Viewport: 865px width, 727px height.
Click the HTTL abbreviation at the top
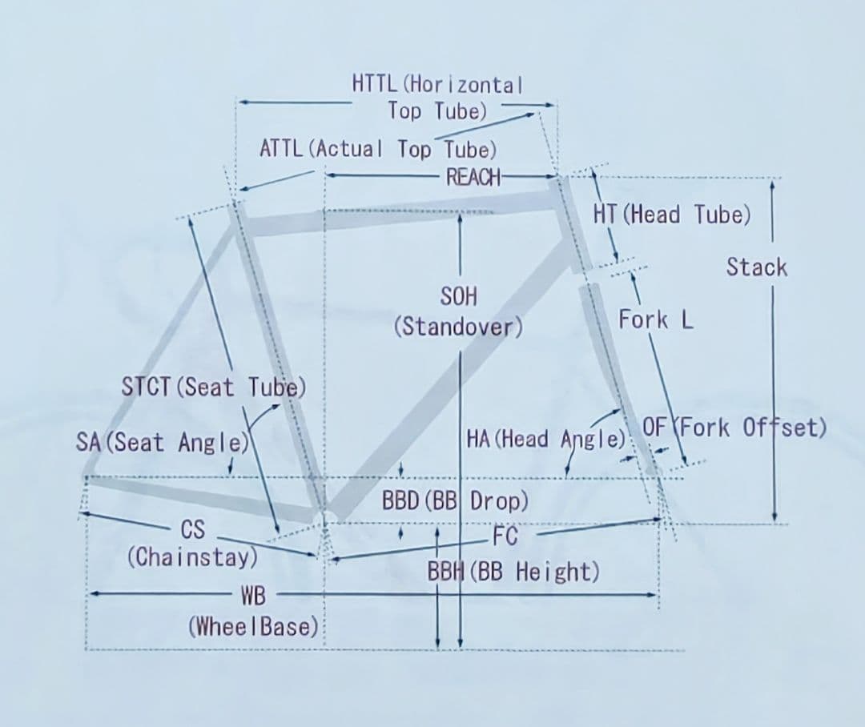[374, 84]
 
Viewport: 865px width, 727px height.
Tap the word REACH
[473, 177]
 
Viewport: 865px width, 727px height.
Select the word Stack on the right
[756, 267]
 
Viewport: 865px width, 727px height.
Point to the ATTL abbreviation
[281, 148]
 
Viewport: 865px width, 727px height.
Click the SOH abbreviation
[458, 297]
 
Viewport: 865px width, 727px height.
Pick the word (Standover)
[458, 327]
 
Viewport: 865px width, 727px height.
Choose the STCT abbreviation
[146, 387]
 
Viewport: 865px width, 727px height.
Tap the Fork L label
[655, 319]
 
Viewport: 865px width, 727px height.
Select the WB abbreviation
[253, 596]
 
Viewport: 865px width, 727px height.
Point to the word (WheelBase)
[254, 627]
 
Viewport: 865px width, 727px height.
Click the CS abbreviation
[193, 529]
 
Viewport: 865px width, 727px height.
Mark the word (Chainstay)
[192, 557]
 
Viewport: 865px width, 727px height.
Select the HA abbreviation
[477, 439]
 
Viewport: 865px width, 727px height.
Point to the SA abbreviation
[88, 442]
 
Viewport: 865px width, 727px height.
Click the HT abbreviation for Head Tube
[605, 214]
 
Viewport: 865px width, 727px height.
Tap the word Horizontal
[466, 84]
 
